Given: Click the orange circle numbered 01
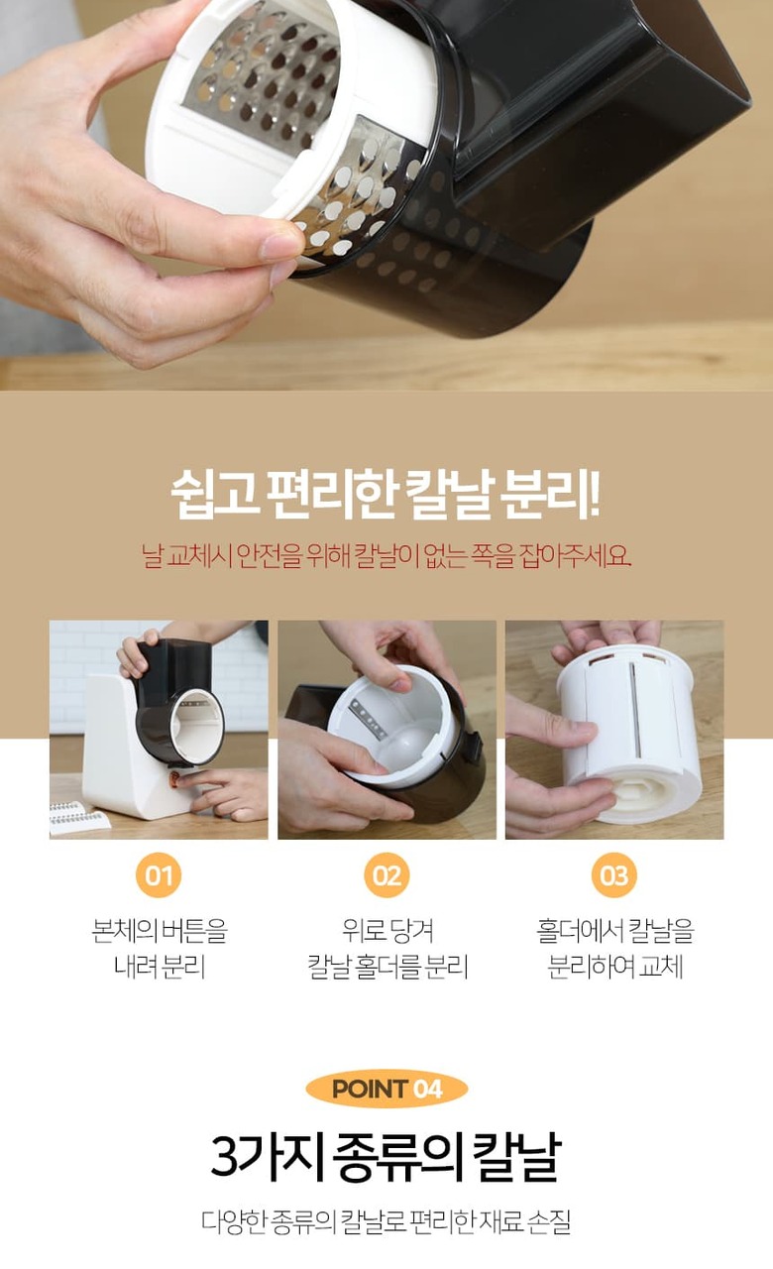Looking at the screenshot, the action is [159, 875].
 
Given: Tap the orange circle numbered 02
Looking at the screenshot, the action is [386, 875].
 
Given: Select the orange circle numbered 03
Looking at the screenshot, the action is [614, 875].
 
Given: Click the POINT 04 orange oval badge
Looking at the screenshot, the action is [386, 1089].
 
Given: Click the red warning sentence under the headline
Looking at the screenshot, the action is [386, 556].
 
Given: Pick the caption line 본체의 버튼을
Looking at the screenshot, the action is [160, 931].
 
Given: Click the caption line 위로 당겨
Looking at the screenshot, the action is [387, 931].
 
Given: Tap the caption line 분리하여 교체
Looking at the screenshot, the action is [615, 967].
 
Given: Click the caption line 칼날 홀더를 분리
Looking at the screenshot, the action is [387, 967].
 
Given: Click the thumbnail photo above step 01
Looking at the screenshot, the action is [159, 730].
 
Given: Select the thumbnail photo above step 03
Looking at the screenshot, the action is [614, 730].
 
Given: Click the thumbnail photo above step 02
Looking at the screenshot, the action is [386, 730].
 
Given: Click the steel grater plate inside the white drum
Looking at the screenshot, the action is [267, 73].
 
